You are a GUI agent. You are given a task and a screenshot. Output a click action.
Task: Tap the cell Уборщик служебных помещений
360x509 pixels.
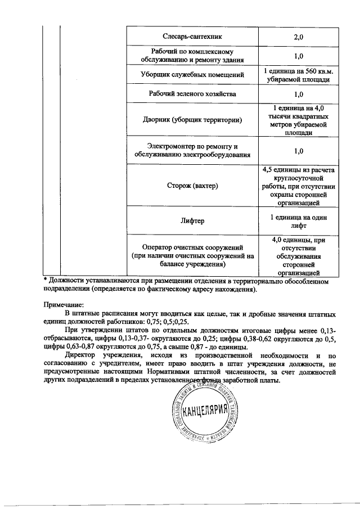tap(192, 74)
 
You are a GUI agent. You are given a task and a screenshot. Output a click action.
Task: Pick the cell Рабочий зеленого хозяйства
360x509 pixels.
tap(192, 93)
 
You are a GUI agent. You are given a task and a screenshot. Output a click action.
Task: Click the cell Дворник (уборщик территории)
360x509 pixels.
tap(192, 120)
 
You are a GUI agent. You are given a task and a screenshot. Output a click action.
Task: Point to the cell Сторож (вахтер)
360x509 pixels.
tap(192, 186)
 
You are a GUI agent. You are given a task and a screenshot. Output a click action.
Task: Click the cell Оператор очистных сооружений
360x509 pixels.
tap(192, 256)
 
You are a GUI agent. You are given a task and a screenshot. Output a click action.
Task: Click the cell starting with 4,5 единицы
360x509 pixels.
tap(298, 186)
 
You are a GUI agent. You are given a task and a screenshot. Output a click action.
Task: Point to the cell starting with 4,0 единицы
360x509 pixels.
tap(298, 256)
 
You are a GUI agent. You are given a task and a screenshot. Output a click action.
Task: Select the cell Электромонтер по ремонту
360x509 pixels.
tap(192, 150)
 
